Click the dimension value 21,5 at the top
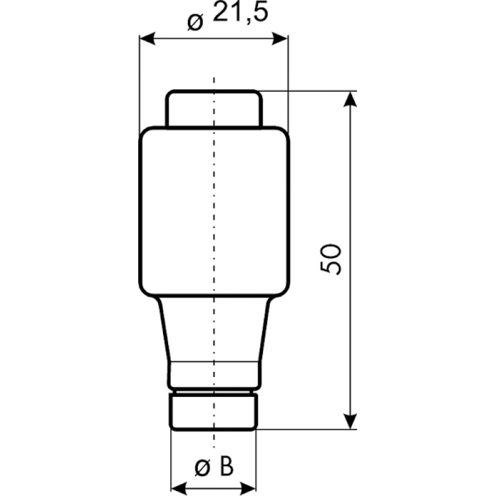click(x=241, y=12)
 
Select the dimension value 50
click(x=330, y=259)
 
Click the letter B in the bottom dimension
click(x=226, y=467)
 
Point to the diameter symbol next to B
click(x=203, y=468)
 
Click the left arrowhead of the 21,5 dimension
click(x=148, y=38)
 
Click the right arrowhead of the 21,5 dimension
click(x=280, y=38)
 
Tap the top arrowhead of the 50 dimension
click(x=350, y=99)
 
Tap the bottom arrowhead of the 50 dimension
click(x=350, y=421)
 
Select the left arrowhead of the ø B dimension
click(x=179, y=487)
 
